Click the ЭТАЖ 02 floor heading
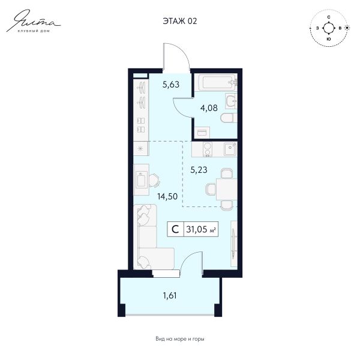click(180, 21)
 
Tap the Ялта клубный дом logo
click(34, 21)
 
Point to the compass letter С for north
click(329, 17)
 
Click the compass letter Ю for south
click(329, 39)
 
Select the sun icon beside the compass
click(347, 28)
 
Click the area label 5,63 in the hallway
click(171, 85)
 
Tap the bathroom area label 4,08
click(209, 108)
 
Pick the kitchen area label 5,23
click(199, 170)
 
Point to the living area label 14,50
click(167, 197)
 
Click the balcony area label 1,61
click(170, 295)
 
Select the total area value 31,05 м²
click(201, 229)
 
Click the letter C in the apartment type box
click(175, 229)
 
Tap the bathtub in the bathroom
click(216, 82)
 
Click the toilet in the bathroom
click(229, 118)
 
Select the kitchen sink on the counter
click(230, 149)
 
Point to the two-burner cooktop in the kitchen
click(208, 149)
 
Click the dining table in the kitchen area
click(226, 189)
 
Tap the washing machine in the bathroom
click(202, 133)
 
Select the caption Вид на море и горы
click(180, 339)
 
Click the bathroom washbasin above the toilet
click(231, 101)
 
